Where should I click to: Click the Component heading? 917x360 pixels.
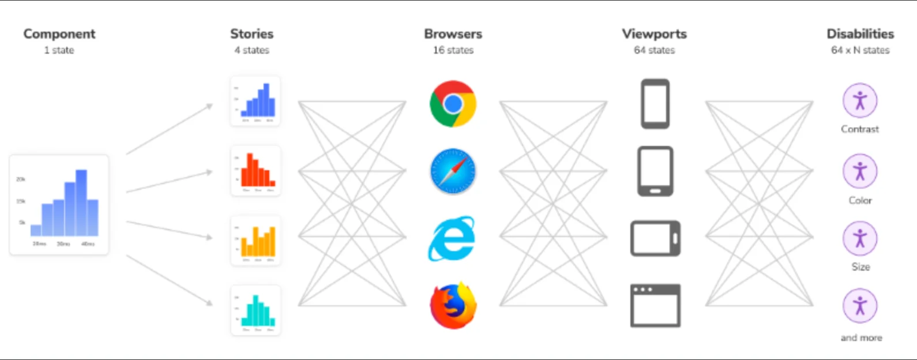[x=59, y=34]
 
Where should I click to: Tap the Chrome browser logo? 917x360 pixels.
[x=453, y=104]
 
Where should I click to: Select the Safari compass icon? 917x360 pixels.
[x=453, y=171]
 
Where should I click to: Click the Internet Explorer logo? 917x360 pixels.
[x=452, y=238]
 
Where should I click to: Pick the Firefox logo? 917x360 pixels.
[x=453, y=305]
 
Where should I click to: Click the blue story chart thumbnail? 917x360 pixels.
[x=255, y=101]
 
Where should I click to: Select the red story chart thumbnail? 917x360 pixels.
[x=255, y=171]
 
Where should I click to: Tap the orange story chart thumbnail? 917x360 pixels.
[x=255, y=241]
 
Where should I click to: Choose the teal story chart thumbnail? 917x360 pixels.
[x=255, y=310]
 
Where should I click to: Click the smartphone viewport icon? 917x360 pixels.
[x=655, y=104]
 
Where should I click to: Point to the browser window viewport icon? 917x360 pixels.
[x=655, y=305]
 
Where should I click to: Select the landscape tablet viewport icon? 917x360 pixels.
[x=655, y=238]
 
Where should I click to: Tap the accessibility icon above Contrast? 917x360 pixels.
[x=860, y=101]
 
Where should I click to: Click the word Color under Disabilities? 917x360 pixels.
[x=860, y=200]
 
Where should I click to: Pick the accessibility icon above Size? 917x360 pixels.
[x=860, y=238]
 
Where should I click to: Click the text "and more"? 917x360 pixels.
[x=861, y=337]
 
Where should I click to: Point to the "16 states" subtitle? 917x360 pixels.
[x=453, y=50]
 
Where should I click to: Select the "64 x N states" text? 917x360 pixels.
[x=860, y=50]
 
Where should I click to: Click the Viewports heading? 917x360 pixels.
[x=654, y=34]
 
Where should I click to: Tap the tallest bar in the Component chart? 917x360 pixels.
[x=81, y=202]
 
